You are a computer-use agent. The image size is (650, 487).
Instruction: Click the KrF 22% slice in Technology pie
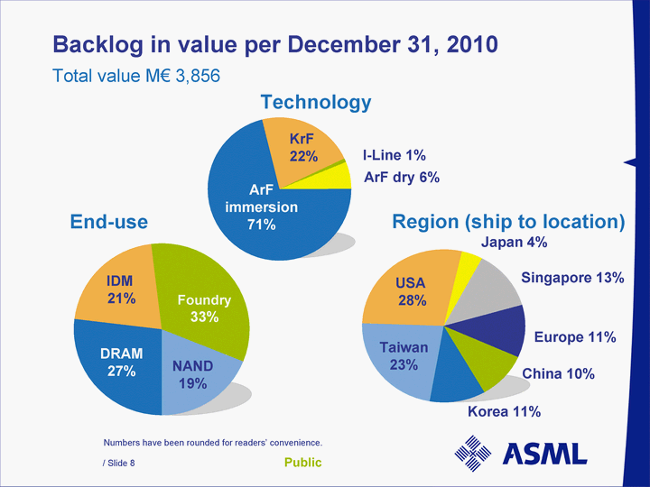pyautogui.click(x=303, y=148)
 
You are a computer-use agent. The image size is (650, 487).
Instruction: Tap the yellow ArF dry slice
pyautogui.click(x=337, y=175)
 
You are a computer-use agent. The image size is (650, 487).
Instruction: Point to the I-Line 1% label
pyautogui.click(x=395, y=156)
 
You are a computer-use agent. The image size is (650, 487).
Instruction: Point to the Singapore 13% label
pyautogui.click(x=572, y=278)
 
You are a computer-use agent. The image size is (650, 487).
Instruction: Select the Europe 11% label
pyautogui.click(x=575, y=337)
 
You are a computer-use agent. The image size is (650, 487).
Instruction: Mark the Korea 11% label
pyautogui.click(x=504, y=412)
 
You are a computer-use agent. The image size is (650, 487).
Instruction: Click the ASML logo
pyautogui.click(x=520, y=454)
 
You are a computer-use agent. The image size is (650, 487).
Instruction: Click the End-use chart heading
pyautogui.click(x=109, y=222)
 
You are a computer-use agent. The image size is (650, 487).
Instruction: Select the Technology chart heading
pyautogui.click(x=316, y=103)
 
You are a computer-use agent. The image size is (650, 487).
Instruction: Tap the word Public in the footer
pyautogui.click(x=303, y=464)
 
